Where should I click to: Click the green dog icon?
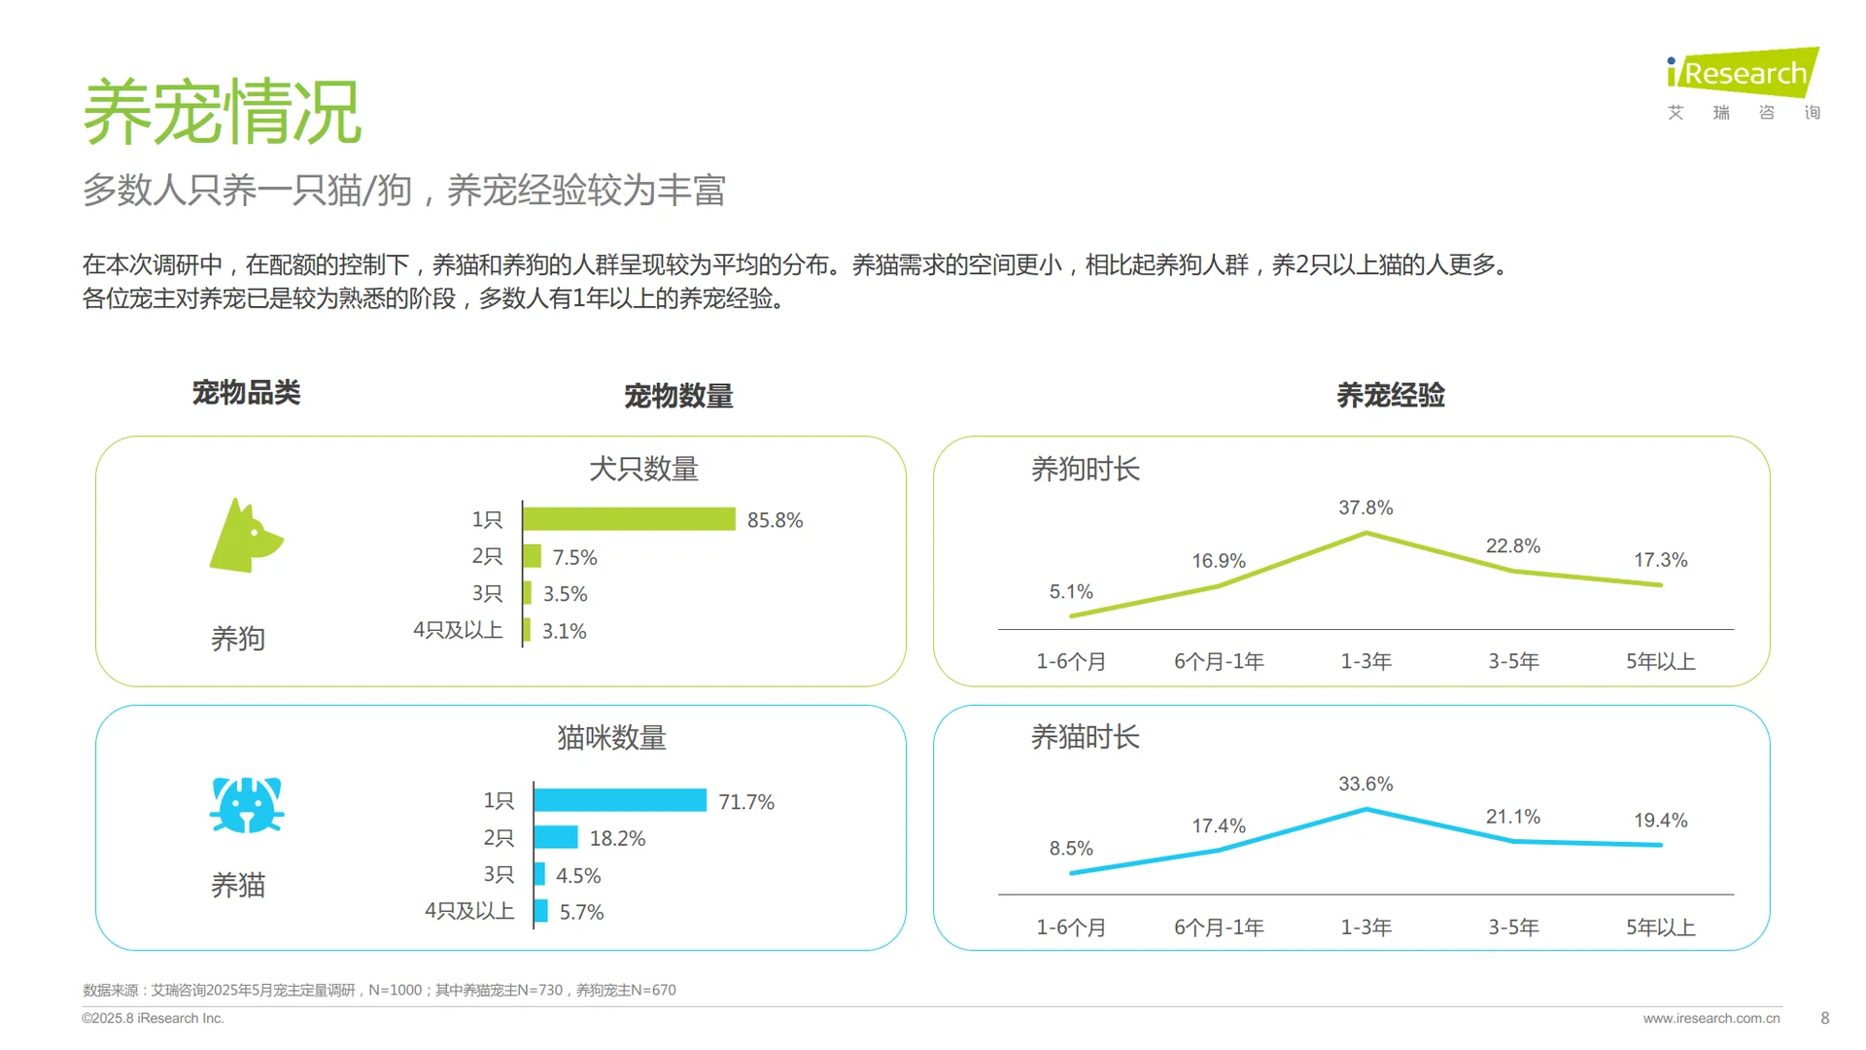click(245, 537)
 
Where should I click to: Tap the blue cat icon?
click(247, 805)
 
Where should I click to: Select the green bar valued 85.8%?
click(629, 519)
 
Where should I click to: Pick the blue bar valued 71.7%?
click(620, 800)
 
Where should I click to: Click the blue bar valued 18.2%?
click(556, 837)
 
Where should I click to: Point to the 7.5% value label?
click(574, 557)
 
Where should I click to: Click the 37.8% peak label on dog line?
click(1365, 507)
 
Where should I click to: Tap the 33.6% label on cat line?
click(1365, 784)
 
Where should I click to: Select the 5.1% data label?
click(1071, 591)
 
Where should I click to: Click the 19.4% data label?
click(1660, 821)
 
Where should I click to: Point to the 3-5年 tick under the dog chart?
click(1513, 662)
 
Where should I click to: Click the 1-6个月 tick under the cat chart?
click(1071, 927)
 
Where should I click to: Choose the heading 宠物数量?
click(678, 396)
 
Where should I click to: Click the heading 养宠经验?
click(1390, 396)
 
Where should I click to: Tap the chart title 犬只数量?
click(643, 470)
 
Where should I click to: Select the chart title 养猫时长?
click(1085, 737)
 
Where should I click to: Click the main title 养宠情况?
click(223, 112)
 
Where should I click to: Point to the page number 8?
click(1824, 1018)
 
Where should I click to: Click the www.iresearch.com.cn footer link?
click(1710, 1018)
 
